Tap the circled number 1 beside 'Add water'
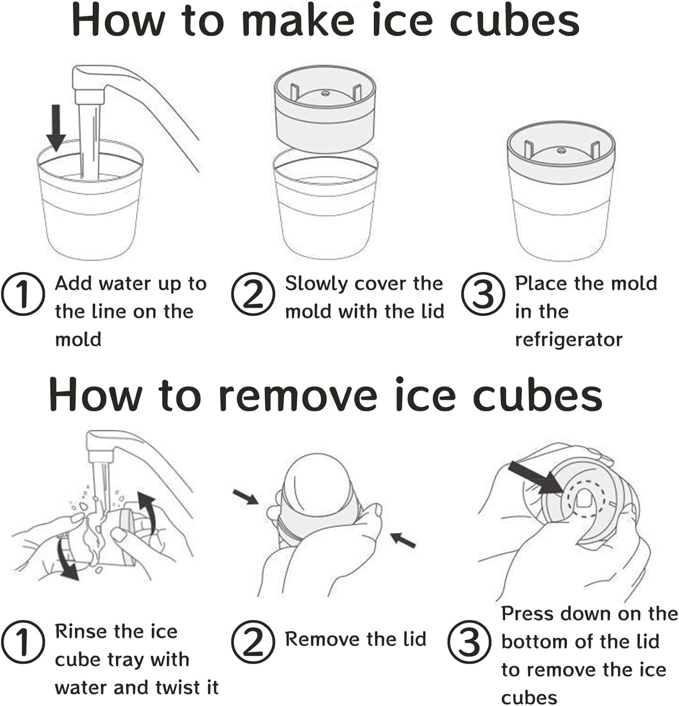click(x=23, y=295)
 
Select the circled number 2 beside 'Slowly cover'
click(x=253, y=295)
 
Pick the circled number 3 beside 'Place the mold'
click(x=483, y=295)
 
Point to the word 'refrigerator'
click(x=569, y=339)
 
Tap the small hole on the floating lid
click(x=325, y=94)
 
